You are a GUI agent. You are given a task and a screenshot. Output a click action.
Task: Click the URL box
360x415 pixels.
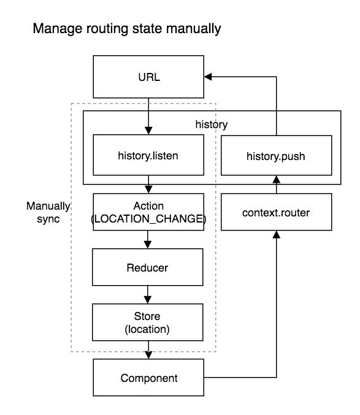148,77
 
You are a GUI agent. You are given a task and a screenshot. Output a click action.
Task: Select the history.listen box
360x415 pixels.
148,155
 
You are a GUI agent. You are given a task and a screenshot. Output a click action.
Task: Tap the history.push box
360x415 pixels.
277,155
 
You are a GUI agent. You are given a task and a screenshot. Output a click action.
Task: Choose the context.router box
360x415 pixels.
277,212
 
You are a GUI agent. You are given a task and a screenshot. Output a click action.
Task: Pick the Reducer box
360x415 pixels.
148,267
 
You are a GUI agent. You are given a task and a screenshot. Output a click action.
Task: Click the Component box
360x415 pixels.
148,378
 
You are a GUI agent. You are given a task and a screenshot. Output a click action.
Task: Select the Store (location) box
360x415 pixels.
148,322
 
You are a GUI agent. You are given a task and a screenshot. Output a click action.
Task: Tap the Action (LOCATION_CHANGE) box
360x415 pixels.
148,212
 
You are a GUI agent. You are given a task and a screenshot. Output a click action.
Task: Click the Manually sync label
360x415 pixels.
48,212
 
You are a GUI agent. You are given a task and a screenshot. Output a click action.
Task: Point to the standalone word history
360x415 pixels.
212,124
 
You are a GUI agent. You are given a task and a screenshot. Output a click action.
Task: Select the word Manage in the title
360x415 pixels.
58,29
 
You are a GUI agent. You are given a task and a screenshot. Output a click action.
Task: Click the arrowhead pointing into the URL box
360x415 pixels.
208,77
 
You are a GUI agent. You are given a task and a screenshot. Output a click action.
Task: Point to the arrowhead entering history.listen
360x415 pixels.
148,131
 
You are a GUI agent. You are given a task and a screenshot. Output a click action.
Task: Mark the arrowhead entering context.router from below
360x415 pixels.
277,235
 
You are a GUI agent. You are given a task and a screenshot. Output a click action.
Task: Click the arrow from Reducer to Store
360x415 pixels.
148,295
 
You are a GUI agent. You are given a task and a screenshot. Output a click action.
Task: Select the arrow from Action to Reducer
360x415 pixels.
148,240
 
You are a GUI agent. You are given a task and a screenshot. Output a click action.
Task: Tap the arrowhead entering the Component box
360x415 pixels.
148,355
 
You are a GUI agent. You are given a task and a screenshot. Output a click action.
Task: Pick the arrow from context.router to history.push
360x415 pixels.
277,185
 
